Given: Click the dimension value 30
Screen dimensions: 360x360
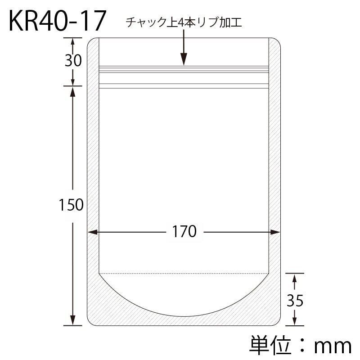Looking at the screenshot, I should point(73,60).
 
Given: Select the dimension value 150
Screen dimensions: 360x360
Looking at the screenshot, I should point(71,205).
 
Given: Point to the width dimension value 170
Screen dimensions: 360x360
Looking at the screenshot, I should point(184,232).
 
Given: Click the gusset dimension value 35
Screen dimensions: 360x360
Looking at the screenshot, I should point(295,301).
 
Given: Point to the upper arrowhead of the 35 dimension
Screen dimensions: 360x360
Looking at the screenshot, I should point(294,279).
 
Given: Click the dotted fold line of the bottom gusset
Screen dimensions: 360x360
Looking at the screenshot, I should point(184,273).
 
